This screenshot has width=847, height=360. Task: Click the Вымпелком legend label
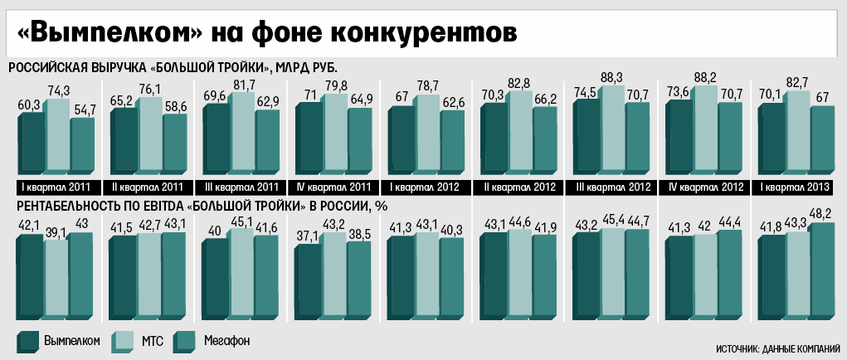pyautogui.click(x=72, y=341)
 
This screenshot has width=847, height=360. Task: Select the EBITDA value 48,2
pyautogui.click(x=822, y=215)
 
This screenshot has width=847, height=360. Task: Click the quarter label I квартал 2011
pyautogui.click(x=56, y=185)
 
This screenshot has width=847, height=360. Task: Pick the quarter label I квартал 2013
pyautogui.click(x=797, y=185)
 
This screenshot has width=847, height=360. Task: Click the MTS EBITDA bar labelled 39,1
pyautogui.click(x=55, y=278)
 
